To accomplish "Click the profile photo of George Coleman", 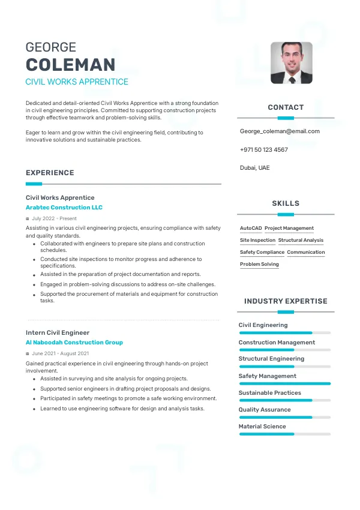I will tap(291, 62).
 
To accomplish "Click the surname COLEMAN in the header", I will tap(70, 65).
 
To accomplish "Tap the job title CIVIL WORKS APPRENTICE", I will tap(77, 82).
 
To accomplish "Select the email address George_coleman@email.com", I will tap(280, 131).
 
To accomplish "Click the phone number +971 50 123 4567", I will tap(263, 149).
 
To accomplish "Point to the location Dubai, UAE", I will tap(254, 167).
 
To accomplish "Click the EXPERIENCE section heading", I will tap(50, 173).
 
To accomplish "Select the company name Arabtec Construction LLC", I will tap(64, 208).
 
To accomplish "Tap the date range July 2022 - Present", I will tap(54, 218).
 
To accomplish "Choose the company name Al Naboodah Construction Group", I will tap(74, 343).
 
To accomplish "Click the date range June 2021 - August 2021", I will tap(60, 353).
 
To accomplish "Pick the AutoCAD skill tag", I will tap(251, 229).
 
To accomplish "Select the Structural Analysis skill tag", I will tap(301, 241).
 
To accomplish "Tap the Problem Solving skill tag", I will tap(259, 265).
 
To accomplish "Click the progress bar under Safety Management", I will tap(284, 383).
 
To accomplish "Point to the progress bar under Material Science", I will tap(284, 434).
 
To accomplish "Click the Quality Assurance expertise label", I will tap(265, 410).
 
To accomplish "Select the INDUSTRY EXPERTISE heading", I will tap(286, 301).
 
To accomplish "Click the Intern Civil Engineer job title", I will tap(58, 332).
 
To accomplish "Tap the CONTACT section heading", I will tap(286, 107).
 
